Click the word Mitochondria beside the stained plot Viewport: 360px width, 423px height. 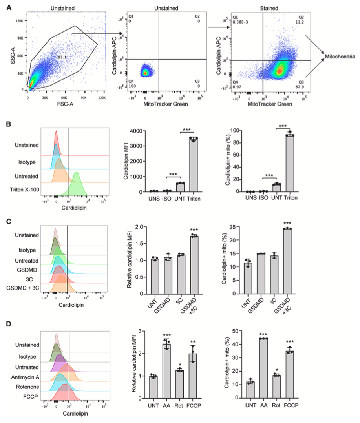340,57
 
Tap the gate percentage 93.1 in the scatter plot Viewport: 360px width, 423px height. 61,57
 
